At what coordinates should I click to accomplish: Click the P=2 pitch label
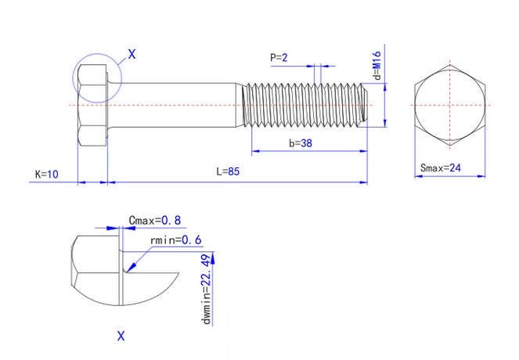279,57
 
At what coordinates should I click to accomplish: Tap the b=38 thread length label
301,143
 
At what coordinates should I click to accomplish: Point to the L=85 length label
228,171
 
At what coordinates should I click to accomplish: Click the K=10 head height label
47,173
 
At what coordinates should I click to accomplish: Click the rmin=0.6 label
180,239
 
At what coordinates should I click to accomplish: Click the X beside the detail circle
132,54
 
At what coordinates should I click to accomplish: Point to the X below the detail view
121,336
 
